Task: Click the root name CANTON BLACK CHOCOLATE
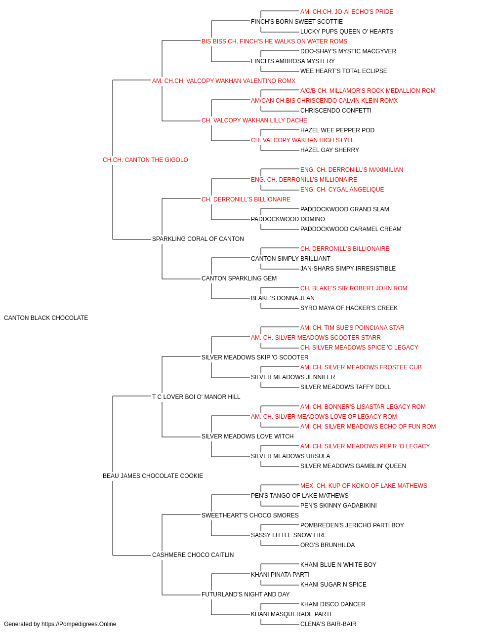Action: point(46,318)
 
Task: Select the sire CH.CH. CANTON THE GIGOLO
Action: point(145,160)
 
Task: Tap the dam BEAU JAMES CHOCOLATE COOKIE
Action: point(153,476)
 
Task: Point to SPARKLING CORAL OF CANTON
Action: point(198,239)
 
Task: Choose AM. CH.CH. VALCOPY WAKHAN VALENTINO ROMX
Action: point(224,81)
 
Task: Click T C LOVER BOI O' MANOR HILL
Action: point(196,396)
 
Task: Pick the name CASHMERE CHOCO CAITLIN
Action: point(193,554)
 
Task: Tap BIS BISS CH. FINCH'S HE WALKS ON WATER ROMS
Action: point(274,41)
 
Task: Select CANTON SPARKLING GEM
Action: point(239,278)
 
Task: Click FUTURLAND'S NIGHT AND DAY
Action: point(246,594)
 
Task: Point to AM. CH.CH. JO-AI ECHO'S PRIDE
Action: point(346,12)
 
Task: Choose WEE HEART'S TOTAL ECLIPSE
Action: point(344,71)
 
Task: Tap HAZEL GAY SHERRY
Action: point(329,150)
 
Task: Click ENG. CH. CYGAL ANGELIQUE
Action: point(342,190)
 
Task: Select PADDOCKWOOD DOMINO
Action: point(288,219)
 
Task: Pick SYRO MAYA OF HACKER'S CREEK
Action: point(349,308)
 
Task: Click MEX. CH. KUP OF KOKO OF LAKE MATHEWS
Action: point(364,486)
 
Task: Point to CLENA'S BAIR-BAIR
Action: point(328,624)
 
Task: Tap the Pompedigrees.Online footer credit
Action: point(60,624)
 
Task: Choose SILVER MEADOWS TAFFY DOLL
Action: point(345,387)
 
